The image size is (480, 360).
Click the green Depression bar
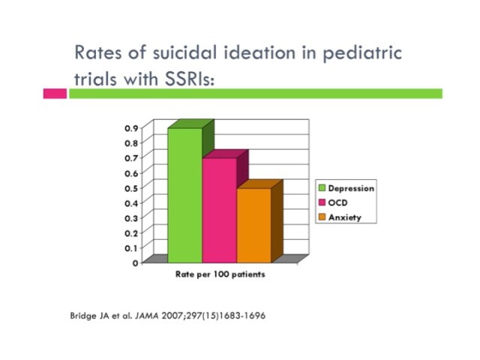click(184, 195)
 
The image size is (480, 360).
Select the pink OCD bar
click(219, 210)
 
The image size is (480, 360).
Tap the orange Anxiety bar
click(253, 225)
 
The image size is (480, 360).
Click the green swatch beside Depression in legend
click(322, 188)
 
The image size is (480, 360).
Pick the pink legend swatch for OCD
click(322, 203)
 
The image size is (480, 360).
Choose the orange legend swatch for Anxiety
click(322, 217)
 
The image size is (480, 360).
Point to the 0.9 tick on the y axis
click(131, 128)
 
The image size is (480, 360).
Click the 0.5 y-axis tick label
click(131, 187)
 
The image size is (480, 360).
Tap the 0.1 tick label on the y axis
click(131, 247)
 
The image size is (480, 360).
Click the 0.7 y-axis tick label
click(131, 157)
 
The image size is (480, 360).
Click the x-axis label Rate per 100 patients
click(220, 274)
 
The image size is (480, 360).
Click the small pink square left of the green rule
click(54, 94)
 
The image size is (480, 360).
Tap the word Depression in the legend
click(351, 188)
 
